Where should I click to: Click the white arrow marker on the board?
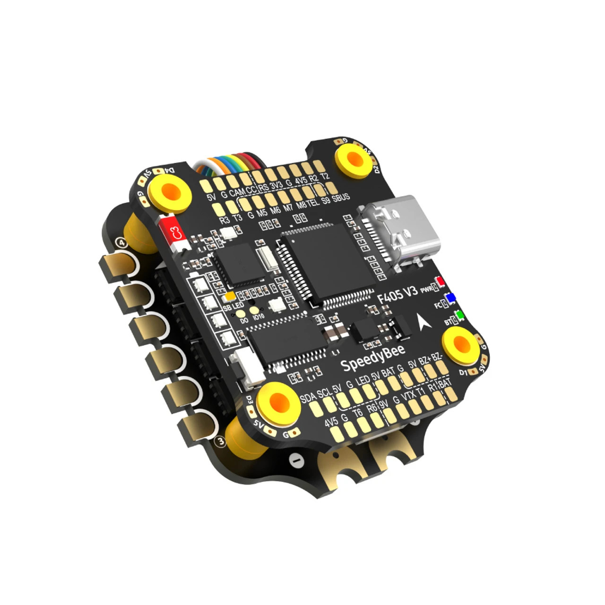[x=422, y=323]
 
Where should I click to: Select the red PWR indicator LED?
[x=441, y=282]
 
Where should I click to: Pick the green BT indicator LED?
[x=458, y=315]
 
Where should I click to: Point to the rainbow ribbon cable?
[x=227, y=163]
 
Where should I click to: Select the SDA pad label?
[x=308, y=398]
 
